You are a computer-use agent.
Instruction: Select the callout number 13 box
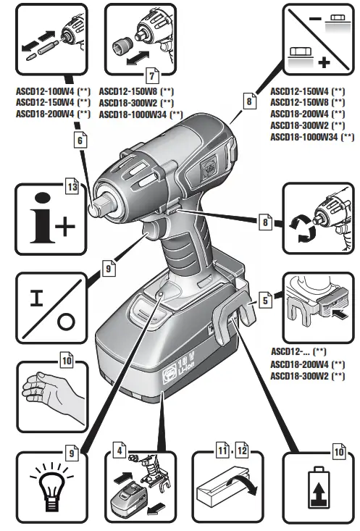click(x=71, y=186)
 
